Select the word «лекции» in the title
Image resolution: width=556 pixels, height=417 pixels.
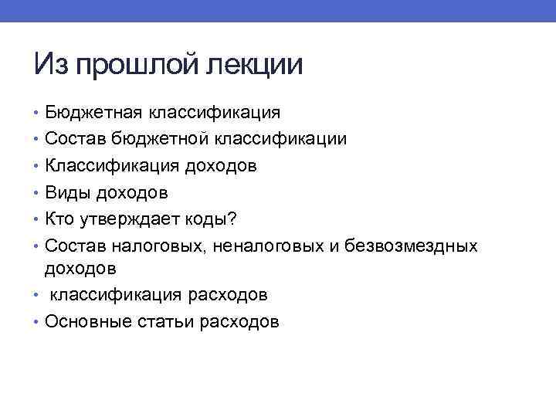pyautogui.click(x=254, y=65)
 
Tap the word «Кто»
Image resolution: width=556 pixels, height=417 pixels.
pyautogui.click(x=60, y=219)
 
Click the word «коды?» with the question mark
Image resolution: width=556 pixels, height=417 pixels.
pyautogui.click(x=212, y=219)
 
